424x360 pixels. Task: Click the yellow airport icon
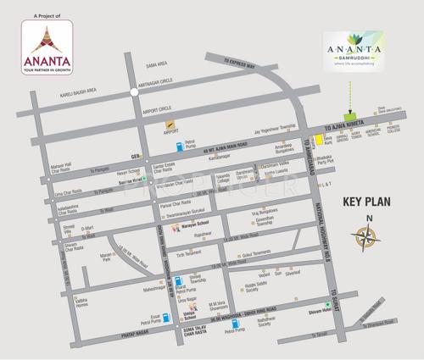pos(169,124)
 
